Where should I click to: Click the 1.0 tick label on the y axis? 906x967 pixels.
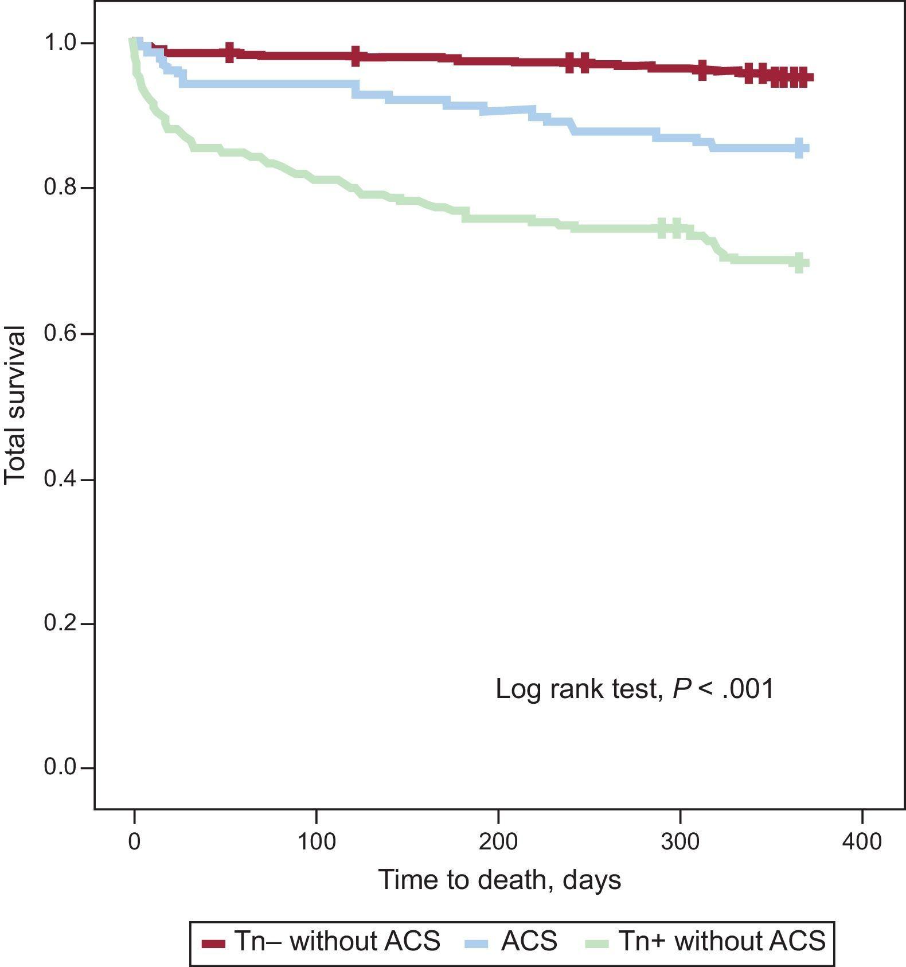[x=60, y=43]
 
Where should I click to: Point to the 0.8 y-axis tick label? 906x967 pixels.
[x=60, y=188]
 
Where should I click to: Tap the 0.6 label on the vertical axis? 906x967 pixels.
[x=60, y=333]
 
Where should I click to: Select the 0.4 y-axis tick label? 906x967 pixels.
[x=60, y=479]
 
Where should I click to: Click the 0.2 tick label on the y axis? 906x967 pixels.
[x=60, y=623]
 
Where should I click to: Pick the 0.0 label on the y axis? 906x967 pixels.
[x=60, y=767]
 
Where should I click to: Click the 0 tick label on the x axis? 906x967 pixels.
[x=134, y=841]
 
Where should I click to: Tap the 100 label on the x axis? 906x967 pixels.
[x=316, y=841]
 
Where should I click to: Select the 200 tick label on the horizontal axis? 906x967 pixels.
[x=498, y=841]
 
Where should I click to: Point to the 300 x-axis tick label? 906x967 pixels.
[x=680, y=841]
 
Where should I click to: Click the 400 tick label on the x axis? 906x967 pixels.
[x=862, y=841]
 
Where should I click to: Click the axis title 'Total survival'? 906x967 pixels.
[x=15, y=405]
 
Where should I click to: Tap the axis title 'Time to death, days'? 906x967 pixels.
[x=499, y=879]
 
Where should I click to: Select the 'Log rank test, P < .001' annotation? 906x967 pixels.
[x=635, y=688]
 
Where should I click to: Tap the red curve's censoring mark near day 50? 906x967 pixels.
[x=229, y=52]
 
